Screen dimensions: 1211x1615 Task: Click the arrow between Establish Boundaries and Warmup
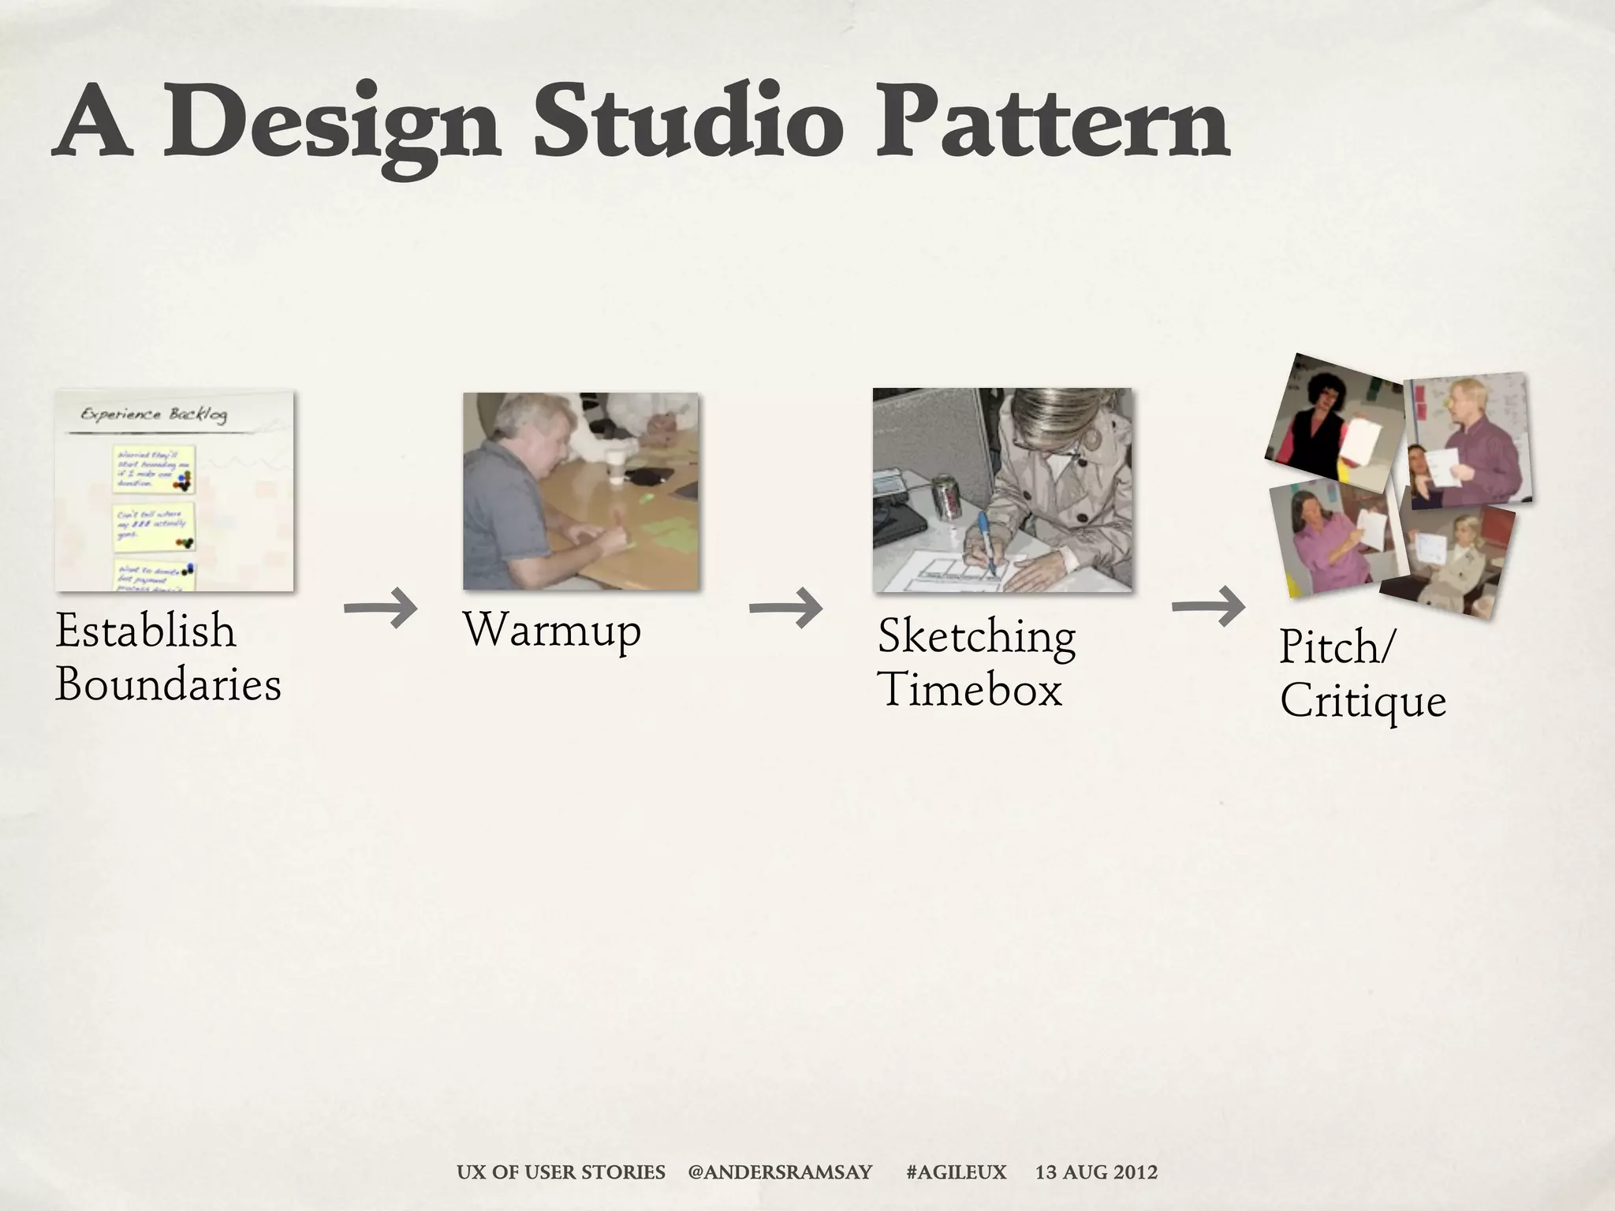381,608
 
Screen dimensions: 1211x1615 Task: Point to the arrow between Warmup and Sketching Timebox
786,608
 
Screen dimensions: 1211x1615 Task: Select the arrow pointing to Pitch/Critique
1208,606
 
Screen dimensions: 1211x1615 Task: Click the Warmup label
552,631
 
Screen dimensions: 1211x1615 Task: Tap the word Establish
146,632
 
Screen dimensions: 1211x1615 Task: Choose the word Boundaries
168,684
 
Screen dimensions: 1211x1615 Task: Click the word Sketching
976,637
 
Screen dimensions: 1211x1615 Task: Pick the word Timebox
970,690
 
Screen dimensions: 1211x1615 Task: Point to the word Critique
1363,700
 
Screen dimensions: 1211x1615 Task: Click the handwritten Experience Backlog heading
154,415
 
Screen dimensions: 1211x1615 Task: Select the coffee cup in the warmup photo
616,466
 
